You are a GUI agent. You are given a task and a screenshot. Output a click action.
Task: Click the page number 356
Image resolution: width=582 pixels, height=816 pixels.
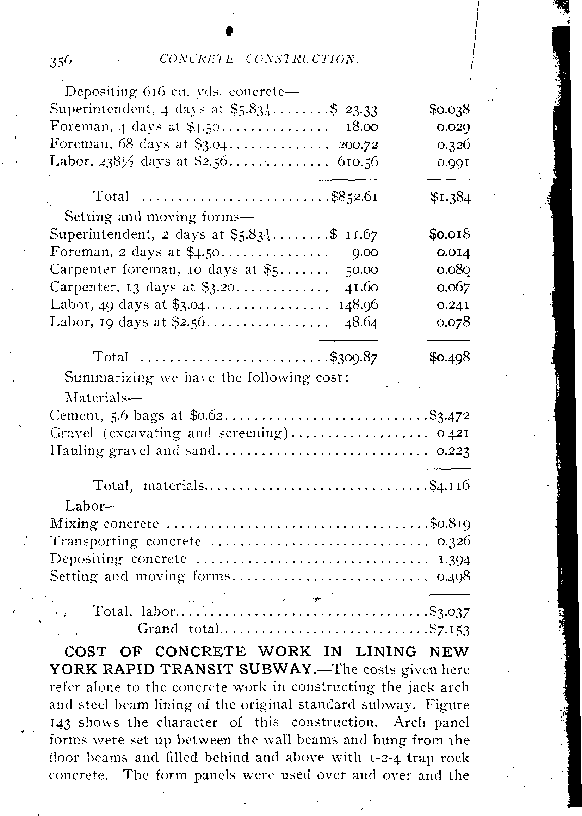pos(61,61)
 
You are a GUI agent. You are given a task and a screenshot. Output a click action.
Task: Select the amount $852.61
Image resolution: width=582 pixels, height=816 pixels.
pos(354,196)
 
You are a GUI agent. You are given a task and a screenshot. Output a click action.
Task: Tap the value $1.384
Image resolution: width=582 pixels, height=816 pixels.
pos(450,197)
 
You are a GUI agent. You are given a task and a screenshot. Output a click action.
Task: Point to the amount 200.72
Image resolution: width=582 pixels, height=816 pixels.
pos(358,144)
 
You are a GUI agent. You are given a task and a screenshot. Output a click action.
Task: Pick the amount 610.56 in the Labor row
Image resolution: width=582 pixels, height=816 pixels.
pos(358,162)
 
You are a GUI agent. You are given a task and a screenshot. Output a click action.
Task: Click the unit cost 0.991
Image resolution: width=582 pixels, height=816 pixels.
pos(453,162)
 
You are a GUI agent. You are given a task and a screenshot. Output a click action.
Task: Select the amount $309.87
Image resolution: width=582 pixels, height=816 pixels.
pos(354,357)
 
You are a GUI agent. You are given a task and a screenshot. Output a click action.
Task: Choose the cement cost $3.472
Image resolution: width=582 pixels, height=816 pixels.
pos(450,416)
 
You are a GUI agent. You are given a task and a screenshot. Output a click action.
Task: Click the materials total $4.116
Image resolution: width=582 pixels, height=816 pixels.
pos(450,486)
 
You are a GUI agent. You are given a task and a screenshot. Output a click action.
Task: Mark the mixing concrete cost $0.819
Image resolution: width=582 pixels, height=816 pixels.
pos(450,524)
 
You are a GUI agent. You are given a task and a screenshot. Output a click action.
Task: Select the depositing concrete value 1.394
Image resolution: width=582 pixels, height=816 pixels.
pos(454,559)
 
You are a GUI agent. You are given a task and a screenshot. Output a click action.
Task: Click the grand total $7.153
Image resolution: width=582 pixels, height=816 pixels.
pos(450,629)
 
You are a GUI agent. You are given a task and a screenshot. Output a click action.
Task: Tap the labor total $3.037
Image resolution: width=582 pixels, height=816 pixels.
pos(450,611)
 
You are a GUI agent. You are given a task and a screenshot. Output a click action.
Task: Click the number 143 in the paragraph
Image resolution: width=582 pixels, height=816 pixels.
pos(60,722)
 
